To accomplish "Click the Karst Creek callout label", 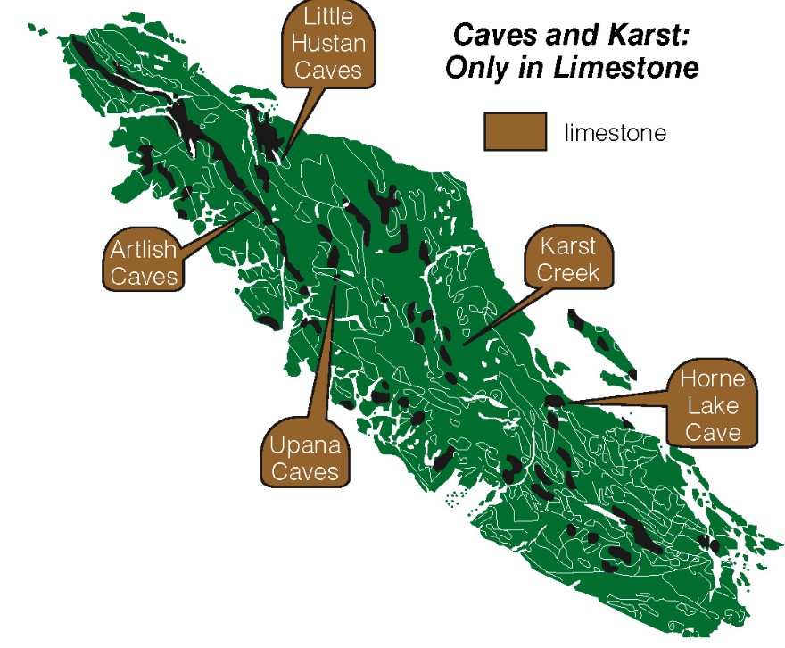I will pos(568,258).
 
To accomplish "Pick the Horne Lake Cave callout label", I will pos(713,405).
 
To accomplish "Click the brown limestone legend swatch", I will pos(515,131).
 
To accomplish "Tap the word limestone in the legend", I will pos(615,133).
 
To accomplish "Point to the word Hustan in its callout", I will pos(327,44).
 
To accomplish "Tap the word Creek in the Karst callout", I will pos(568,271).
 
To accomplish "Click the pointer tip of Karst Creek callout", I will pos(464,343).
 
